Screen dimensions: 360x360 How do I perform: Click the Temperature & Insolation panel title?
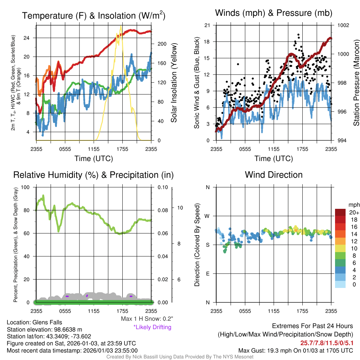[x=94, y=16]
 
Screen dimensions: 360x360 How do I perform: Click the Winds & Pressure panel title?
[x=274, y=13]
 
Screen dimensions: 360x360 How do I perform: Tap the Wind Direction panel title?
[x=274, y=175]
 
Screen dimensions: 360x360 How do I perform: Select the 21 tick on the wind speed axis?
[x=207, y=25]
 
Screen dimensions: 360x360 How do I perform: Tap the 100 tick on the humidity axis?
[x=26, y=187]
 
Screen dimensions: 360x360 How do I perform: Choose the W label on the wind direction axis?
[x=207, y=216]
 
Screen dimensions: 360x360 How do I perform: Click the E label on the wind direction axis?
[x=207, y=274]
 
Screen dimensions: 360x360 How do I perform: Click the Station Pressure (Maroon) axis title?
[x=356, y=83]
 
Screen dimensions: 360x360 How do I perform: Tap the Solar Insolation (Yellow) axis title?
[x=173, y=83]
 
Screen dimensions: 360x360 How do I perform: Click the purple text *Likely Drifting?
[x=152, y=327]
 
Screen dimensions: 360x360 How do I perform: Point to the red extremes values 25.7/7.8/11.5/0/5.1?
[x=327, y=343]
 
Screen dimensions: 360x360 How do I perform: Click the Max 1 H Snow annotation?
[x=147, y=319]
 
